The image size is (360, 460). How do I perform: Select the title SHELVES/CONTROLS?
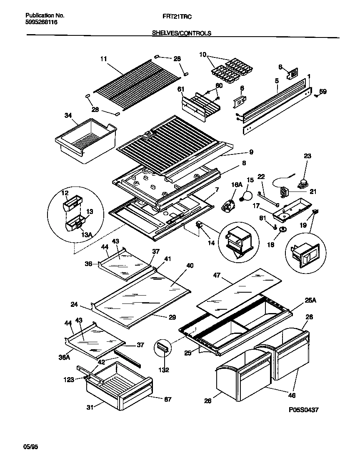click(182, 33)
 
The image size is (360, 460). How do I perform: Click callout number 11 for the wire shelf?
click(104, 59)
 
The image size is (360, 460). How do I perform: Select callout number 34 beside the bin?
click(68, 115)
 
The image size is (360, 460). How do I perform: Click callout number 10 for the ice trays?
click(203, 55)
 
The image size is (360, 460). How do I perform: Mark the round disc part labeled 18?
click(283, 229)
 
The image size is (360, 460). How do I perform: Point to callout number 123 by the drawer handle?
click(69, 379)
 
